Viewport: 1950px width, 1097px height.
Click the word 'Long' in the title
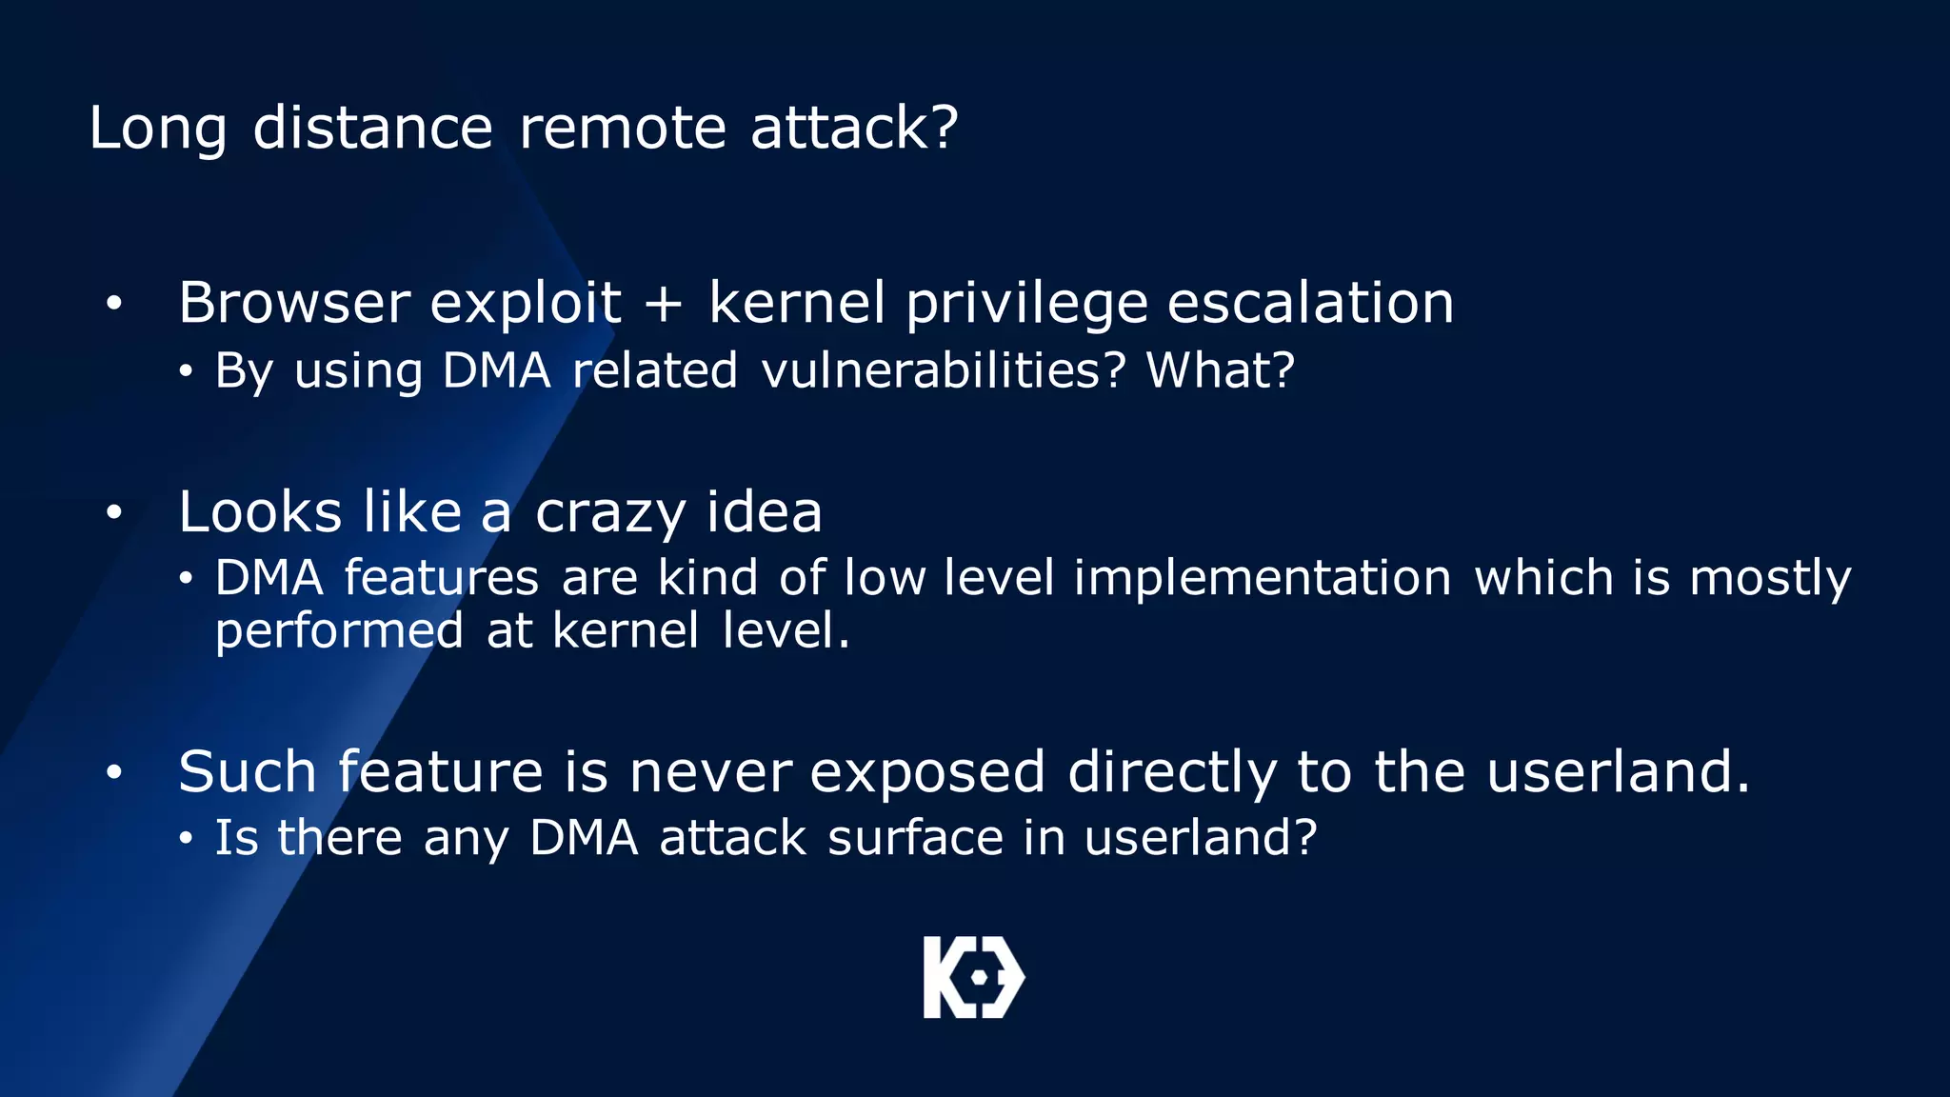tap(158, 129)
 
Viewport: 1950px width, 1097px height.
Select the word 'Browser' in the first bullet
tap(294, 304)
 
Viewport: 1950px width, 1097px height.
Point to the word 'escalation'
tap(1310, 304)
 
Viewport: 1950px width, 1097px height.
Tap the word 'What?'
tap(1220, 370)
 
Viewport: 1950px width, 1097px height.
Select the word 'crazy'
tap(609, 514)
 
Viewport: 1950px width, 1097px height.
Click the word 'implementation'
tap(1263, 578)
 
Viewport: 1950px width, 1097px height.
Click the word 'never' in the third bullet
tap(710, 771)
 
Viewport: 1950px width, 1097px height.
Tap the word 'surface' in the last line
tap(915, 839)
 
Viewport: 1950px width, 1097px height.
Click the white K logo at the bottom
tap(973, 978)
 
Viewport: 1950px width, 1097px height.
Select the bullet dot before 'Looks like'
tap(114, 513)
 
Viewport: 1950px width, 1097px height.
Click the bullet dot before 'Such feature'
tap(114, 772)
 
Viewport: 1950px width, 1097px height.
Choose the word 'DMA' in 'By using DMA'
tap(496, 370)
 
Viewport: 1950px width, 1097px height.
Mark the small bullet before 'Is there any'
tap(187, 839)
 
